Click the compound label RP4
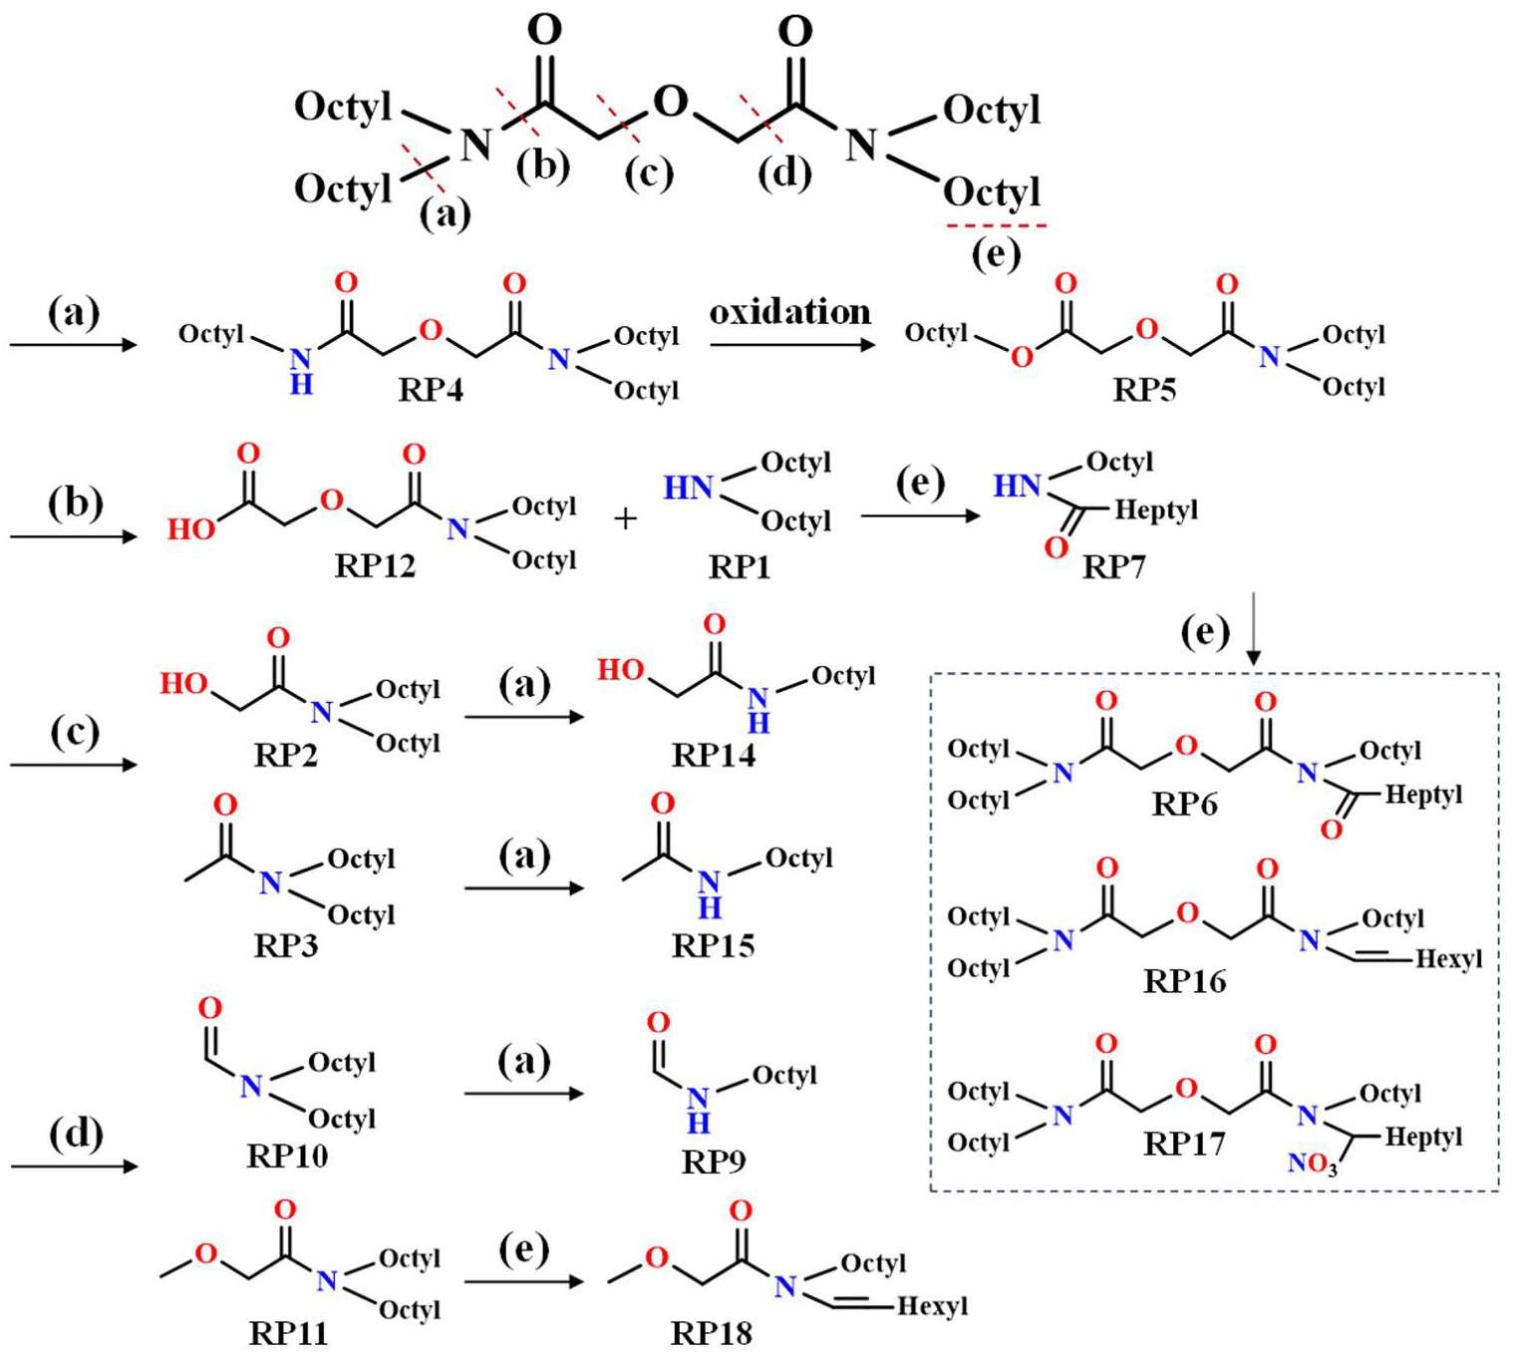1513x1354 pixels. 431,390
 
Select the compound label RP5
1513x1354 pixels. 1144,390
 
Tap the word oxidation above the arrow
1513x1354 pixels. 790,312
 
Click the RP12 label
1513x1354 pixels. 375,566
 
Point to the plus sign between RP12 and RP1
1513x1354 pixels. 625,518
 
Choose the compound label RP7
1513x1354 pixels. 1113,567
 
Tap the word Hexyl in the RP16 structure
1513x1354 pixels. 1449,958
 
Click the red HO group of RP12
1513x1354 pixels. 191,529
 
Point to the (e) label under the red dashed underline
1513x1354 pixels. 996,255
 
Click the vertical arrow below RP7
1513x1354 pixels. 1254,629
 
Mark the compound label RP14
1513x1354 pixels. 714,756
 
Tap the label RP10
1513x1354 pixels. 287,1156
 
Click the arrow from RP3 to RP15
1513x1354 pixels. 523,887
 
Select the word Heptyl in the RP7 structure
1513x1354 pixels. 1156,510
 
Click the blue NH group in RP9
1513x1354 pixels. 699,1109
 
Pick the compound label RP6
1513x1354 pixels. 1184,804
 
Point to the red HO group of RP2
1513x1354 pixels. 184,683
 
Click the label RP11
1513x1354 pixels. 288,1333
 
